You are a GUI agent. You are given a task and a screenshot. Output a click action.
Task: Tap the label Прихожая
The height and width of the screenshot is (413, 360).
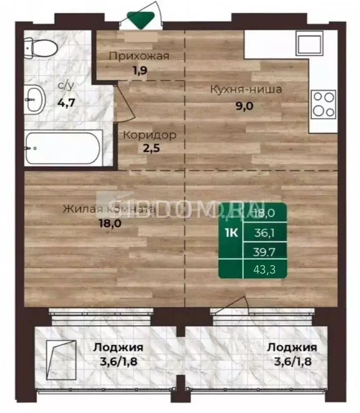[x=139, y=55]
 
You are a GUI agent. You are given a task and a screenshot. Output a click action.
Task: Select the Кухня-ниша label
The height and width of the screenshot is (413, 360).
[x=246, y=89]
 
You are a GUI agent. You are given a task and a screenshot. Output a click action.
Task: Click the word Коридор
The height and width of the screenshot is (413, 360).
[x=149, y=134]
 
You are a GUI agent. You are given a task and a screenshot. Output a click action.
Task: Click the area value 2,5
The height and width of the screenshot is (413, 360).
[x=149, y=150]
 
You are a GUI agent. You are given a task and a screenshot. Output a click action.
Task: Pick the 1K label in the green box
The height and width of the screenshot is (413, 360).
[x=230, y=233]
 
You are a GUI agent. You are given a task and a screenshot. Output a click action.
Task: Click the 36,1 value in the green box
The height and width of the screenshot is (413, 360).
[x=264, y=232]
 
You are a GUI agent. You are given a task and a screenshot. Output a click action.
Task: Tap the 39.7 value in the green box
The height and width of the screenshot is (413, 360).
[x=264, y=251]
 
